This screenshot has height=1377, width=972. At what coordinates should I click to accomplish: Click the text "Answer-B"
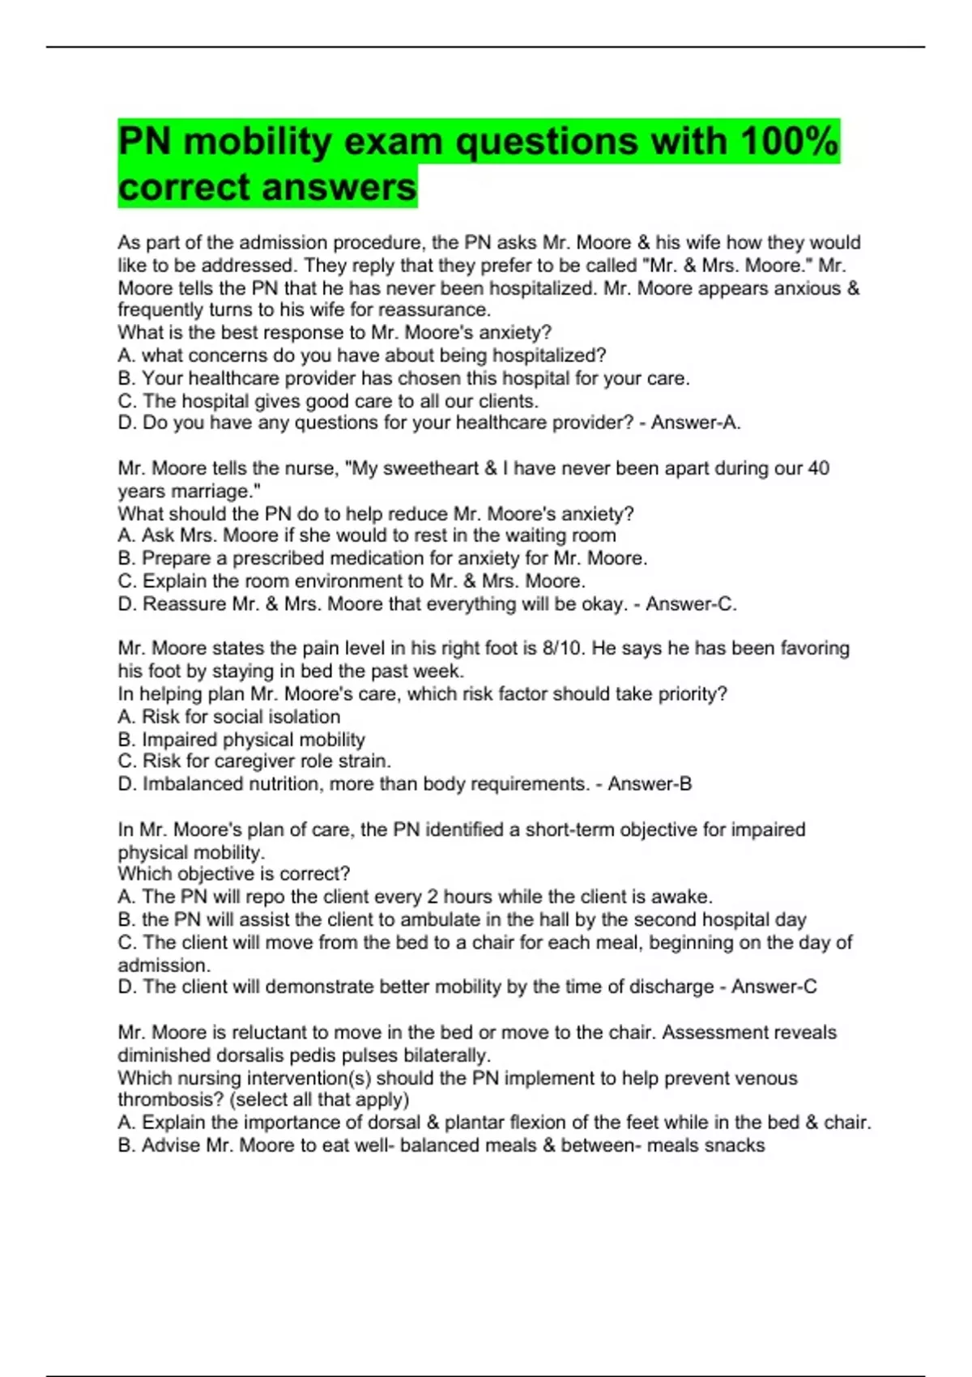(x=650, y=784)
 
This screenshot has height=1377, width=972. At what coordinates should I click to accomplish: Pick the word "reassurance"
(x=443, y=309)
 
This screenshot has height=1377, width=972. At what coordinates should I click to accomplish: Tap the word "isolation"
(x=303, y=717)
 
